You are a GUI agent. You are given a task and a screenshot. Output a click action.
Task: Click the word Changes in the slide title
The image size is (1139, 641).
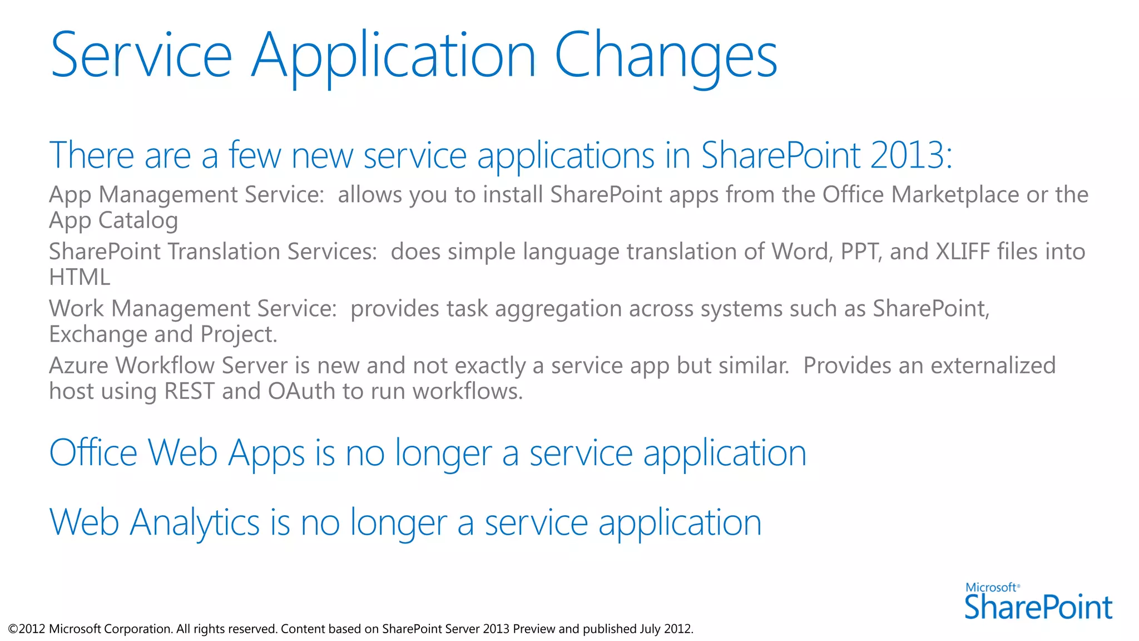(666, 56)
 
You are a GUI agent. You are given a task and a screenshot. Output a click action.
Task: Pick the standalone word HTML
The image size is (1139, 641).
(80, 277)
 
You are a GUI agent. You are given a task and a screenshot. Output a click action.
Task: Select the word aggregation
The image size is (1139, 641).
(558, 309)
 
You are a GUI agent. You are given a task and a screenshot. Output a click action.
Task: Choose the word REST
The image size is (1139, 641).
(189, 391)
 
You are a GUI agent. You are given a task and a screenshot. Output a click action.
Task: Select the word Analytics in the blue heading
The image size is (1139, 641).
(195, 522)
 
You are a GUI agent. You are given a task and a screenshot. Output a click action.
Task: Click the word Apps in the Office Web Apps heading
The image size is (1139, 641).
(266, 453)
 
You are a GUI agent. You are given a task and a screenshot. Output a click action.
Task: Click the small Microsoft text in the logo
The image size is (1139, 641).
(991, 588)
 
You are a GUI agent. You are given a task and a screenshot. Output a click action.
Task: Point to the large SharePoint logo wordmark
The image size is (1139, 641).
(1038, 607)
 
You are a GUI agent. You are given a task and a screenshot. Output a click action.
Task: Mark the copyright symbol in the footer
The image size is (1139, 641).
(13, 629)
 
